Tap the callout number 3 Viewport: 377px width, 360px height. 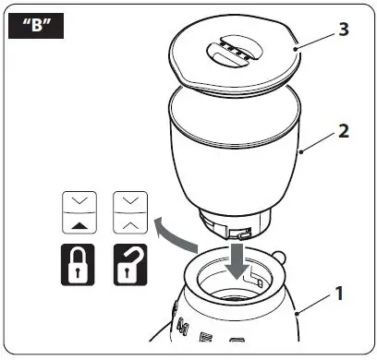343,29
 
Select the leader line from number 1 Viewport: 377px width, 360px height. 313,306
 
